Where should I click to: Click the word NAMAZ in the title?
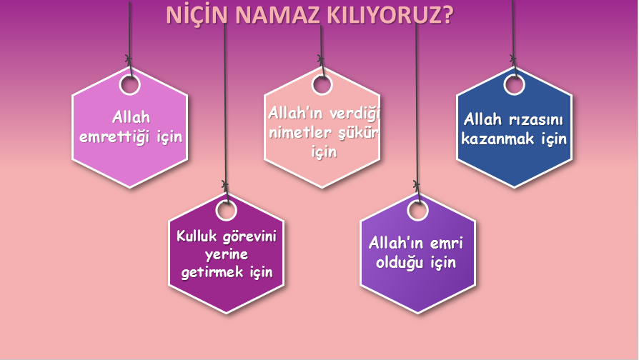[266, 16]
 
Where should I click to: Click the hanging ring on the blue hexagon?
[514, 84]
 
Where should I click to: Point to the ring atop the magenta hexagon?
[226, 210]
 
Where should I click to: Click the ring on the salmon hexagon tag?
[322, 84]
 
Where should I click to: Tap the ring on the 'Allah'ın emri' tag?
[417, 210]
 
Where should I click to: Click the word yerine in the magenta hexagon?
[226, 255]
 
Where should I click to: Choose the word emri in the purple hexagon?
[447, 244]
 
